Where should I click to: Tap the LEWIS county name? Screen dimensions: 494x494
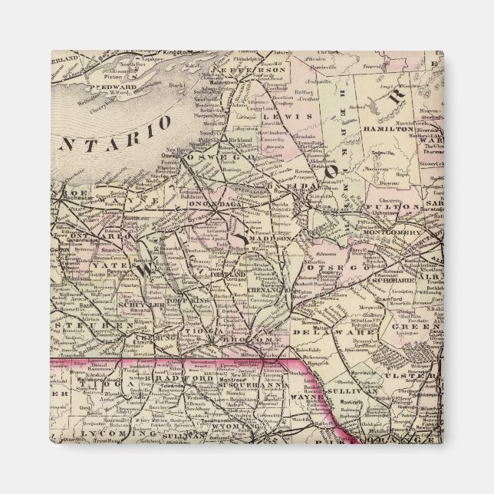point(290,116)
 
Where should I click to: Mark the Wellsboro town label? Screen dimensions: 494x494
point(95,377)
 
